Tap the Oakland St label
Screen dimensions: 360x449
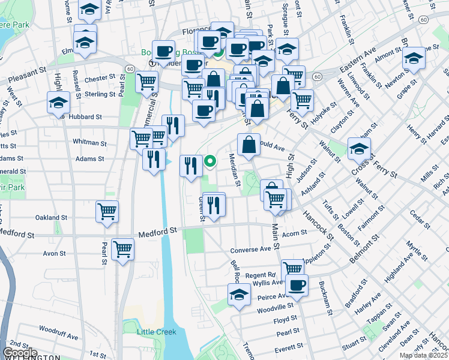point(51,218)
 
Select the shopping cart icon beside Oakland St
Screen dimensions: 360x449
point(107,211)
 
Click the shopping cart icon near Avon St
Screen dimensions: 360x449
point(122,248)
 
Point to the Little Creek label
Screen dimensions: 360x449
point(155,332)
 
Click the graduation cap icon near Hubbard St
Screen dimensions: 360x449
point(58,103)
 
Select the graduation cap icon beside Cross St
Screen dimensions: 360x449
point(359,149)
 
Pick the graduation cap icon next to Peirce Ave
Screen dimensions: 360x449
point(239,295)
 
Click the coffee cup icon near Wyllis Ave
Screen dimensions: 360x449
point(296,286)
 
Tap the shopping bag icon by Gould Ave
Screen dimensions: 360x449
point(249,145)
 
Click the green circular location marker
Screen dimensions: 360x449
point(210,161)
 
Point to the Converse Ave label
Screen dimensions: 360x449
point(251,250)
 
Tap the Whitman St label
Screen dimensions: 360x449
point(89,143)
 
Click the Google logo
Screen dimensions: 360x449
point(20,353)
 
